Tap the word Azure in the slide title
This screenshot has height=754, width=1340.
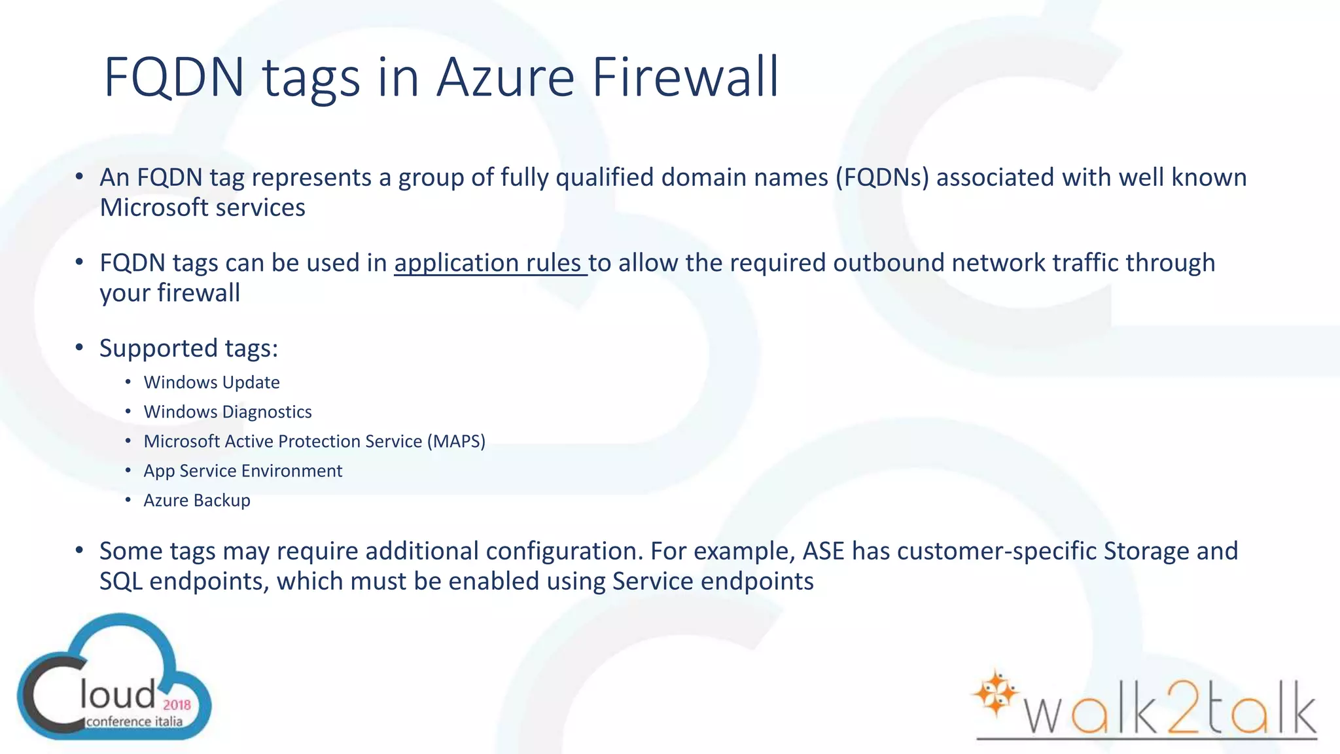tap(505, 77)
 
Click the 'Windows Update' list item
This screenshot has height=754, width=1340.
tap(211, 382)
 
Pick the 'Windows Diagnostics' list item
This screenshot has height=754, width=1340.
tap(228, 412)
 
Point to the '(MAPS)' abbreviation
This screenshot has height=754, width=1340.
tap(456, 441)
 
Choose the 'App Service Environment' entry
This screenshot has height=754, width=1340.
tap(243, 471)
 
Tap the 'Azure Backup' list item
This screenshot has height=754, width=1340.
tap(197, 500)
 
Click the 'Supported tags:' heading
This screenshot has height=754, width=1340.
tap(188, 348)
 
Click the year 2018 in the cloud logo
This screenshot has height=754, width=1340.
tap(177, 705)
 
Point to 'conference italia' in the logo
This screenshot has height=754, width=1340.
tap(134, 722)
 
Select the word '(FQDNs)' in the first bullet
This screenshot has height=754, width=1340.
tap(881, 177)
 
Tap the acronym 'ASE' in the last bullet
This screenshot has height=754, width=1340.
tap(823, 551)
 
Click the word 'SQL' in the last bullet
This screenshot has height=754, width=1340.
tap(120, 581)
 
